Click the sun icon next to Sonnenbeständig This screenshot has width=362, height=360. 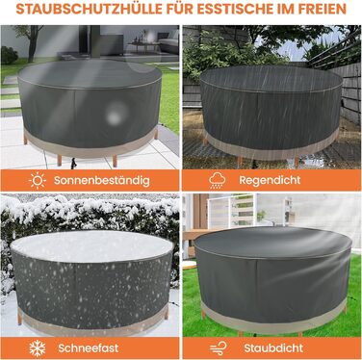38,181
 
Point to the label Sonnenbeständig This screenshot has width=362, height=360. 102,181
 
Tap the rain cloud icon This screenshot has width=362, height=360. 218,181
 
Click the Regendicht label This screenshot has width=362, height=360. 270,180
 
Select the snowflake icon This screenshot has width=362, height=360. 38,348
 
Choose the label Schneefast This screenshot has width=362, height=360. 89,348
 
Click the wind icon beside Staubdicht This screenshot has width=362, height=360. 219,348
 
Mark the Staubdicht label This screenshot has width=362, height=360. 273,348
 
